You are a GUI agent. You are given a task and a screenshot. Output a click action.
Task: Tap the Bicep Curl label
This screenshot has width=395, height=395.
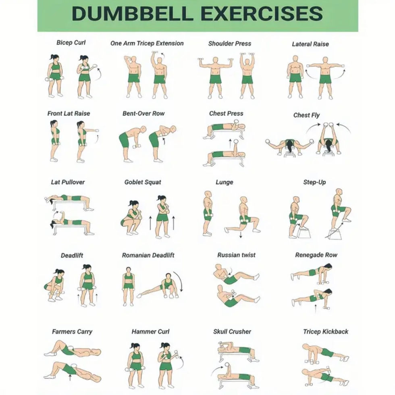coord(71,43)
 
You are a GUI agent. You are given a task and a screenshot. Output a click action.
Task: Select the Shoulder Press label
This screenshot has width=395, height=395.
coord(230,44)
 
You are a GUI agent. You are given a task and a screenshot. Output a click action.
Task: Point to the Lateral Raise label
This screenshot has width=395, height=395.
coord(310,44)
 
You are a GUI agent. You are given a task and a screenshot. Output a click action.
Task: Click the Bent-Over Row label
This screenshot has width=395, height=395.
coord(143,114)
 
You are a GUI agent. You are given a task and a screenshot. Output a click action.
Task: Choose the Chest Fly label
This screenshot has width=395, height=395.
coord(306,115)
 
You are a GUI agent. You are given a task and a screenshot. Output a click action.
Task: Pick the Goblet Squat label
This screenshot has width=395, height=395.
coord(143,182)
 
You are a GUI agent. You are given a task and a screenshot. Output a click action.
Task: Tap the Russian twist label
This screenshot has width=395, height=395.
coord(236,255)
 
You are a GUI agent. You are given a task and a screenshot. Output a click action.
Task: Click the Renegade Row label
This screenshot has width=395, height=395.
coord(316,255)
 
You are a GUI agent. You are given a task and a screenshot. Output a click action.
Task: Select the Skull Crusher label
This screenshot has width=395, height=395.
coord(232,331)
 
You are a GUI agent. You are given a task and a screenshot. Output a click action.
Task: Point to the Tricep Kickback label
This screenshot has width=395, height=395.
coord(326,331)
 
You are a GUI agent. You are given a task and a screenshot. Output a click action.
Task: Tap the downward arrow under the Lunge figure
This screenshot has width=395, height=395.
coord(241,235)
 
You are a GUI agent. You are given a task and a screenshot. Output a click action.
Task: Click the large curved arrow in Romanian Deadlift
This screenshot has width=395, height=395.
coord(179,281)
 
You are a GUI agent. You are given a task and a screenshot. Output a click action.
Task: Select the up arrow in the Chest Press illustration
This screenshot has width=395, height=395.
coord(230,143)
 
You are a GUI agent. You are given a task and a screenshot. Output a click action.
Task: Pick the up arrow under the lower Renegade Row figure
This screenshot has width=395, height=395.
coord(316,309)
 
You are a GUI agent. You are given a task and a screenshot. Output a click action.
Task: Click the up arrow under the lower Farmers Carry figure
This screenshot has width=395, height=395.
coord(70,377)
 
